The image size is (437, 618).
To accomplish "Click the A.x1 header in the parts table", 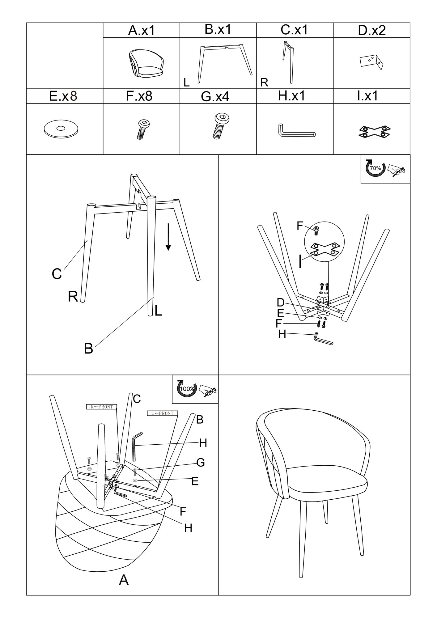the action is coord(141,31).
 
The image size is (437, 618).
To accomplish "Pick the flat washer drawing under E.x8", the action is coord(61,129).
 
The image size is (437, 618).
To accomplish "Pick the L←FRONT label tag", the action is coord(162,413).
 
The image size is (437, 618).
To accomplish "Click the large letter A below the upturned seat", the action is coord(124,581).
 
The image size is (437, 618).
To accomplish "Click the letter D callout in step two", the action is coord(280,302).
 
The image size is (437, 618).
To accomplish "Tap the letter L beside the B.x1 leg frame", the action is coord(186,83).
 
